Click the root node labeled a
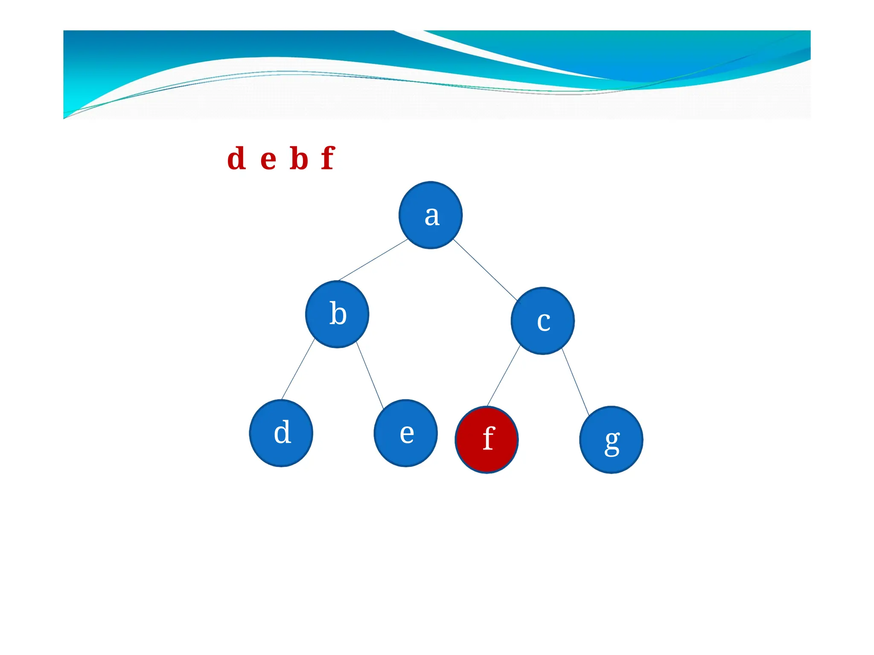click(x=430, y=215)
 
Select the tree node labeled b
click(x=337, y=314)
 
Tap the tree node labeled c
click(x=542, y=321)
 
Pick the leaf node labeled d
click(x=281, y=433)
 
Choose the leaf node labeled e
click(x=405, y=433)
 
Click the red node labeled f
click(x=487, y=440)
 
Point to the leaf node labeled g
click(x=611, y=440)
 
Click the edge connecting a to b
click(x=373, y=260)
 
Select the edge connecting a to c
click(x=485, y=270)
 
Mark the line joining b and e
click(x=370, y=375)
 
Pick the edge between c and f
click(x=504, y=376)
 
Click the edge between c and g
click(x=575, y=382)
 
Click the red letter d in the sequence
click(x=236, y=158)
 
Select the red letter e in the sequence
click(x=268, y=159)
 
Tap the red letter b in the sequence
click(x=299, y=158)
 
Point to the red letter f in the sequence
click(x=328, y=158)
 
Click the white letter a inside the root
click(x=432, y=216)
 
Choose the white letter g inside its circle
click(x=612, y=443)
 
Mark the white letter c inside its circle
click(x=543, y=322)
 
